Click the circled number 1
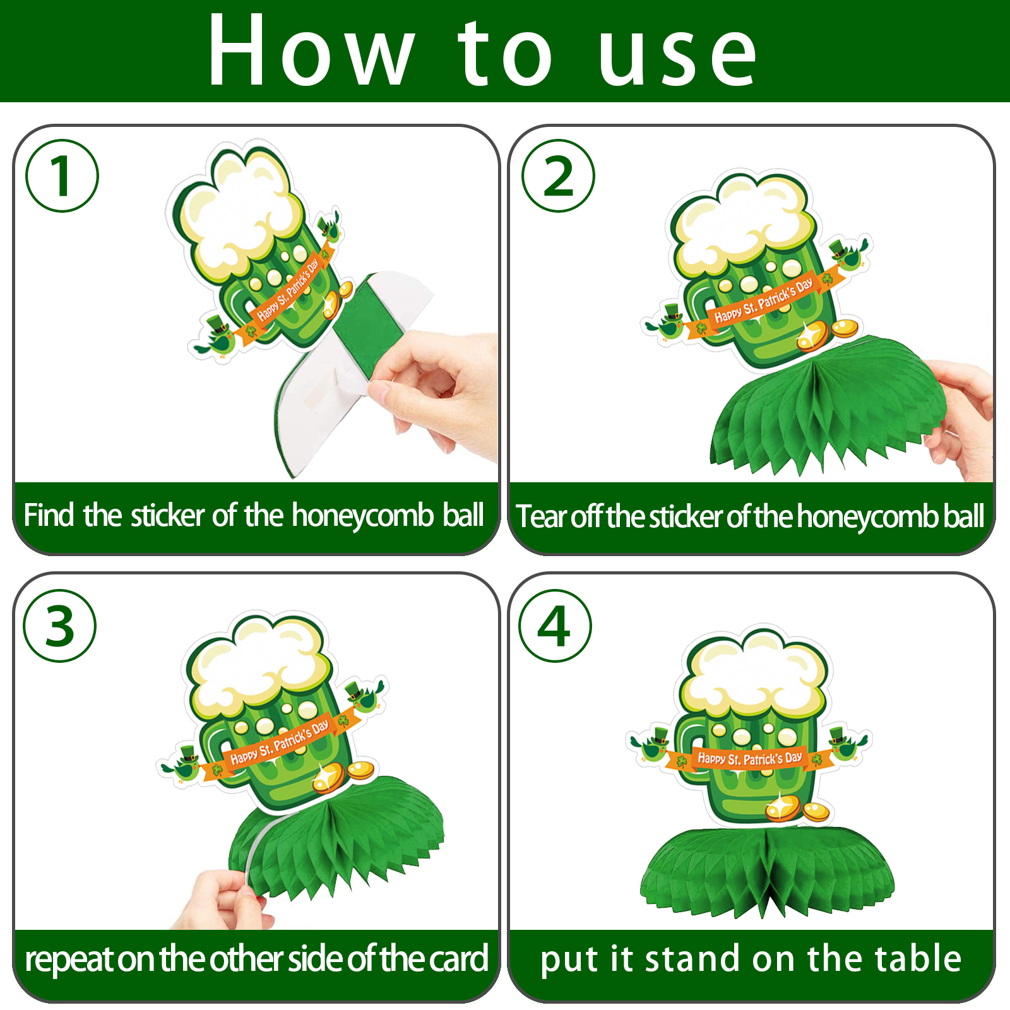pyautogui.click(x=62, y=175)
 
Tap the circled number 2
pyautogui.click(x=558, y=175)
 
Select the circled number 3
pyautogui.click(x=60, y=626)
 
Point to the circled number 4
pyautogui.click(x=555, y=626)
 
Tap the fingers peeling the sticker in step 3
pyautogui.click(x=224, y=899)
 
